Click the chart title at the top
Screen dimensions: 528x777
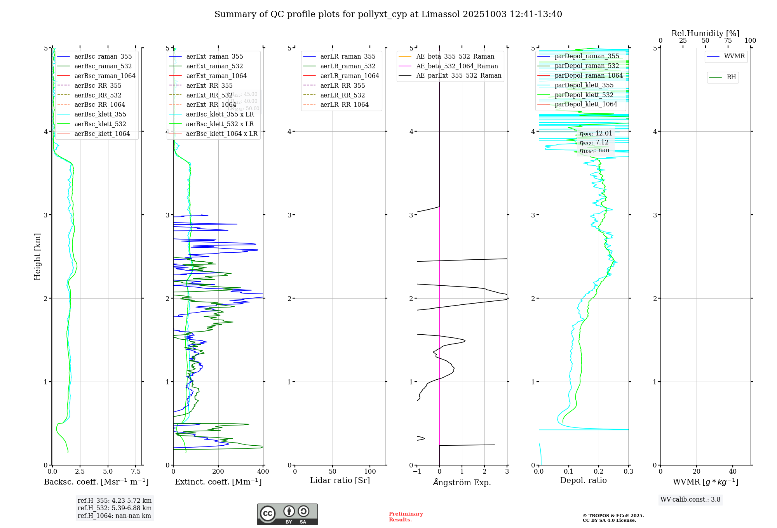(388, 14)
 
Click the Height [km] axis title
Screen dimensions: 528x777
(37, 257)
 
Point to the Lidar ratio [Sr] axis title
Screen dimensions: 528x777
(340, 480)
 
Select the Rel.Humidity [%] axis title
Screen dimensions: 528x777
(705, 33)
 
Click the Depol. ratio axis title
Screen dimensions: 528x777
(583, 480)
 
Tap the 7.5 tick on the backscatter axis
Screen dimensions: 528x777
(136, 472)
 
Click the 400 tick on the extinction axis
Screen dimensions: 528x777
(263, 472)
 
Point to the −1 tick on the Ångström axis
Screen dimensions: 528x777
(416, 472)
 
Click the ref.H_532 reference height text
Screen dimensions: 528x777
(115, 508)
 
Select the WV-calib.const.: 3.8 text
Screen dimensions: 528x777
(690, 500)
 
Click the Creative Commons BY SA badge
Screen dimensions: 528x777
(287, 514)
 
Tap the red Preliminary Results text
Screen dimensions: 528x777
(406, 517)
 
